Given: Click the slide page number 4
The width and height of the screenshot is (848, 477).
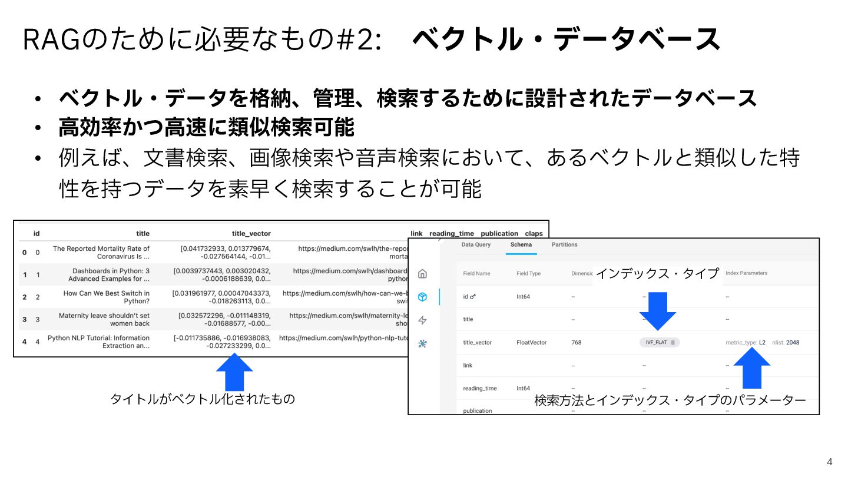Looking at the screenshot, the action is tap(830, 462).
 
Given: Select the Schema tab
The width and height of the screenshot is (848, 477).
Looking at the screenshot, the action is tap(521, 245).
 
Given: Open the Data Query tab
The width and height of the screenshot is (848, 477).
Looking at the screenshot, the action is tap(476, 245).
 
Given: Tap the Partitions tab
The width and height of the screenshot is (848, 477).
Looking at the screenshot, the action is tap(564, 245).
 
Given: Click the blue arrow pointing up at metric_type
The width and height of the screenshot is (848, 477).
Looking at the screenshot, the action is tap(751, 369).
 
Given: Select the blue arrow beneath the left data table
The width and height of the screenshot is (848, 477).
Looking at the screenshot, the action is tap(234, 372).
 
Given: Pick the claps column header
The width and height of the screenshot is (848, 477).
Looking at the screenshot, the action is tap(534, 234).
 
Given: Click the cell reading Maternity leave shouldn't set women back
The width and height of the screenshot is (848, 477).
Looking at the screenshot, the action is tap(104, 319).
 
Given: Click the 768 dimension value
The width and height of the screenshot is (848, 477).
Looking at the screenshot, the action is tap(576, 342).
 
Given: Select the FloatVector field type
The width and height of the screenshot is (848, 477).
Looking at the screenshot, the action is tap(531, 342).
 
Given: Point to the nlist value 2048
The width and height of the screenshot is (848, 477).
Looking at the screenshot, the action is tap(793, 342).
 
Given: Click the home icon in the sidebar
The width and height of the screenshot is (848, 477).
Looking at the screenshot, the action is tap(422, 274).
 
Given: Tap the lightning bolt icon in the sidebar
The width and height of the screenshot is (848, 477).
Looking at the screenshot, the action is tap(422, 320).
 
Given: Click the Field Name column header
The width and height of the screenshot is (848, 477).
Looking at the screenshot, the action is tap(476, 273).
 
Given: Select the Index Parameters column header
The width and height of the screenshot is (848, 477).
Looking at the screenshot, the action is tap(746, 273).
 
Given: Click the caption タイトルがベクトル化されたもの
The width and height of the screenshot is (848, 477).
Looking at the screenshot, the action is tap(203, 399).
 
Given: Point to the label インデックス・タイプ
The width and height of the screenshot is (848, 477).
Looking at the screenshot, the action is tap(657, 273).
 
